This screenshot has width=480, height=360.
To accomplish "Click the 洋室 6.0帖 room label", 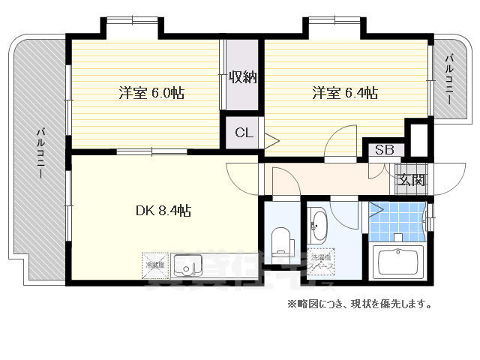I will [151, 94].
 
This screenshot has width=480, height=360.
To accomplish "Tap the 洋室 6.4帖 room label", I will [344, 94].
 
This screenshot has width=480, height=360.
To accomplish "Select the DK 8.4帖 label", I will [163, 211].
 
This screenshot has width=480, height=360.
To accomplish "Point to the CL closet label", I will [243, 133].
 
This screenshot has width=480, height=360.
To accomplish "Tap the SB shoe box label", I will [384, 150].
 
